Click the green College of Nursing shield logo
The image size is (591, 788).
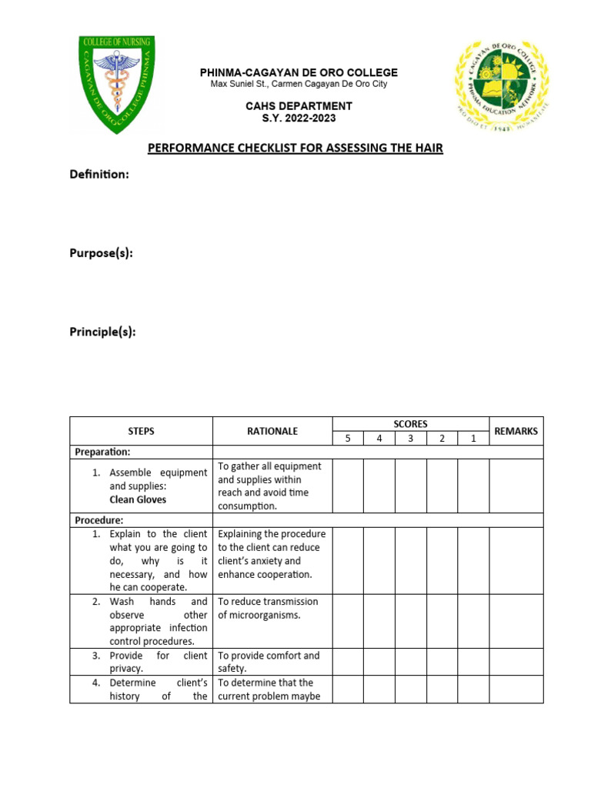point(118,84)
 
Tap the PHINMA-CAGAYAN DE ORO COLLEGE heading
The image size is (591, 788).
point(299,72)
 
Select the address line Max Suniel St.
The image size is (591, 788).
point(299,84)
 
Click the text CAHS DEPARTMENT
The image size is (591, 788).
point(299,106)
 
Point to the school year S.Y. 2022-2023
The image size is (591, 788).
point(299,119)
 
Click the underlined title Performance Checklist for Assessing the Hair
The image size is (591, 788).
point(295,148)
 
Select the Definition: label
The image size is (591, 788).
point(99,175)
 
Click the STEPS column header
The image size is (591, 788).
point(141,431)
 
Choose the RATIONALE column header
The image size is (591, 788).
point(272,431)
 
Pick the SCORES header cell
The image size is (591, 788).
point(410,424)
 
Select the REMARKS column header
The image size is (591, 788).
point(516,431)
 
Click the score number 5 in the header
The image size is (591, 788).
point(348,438)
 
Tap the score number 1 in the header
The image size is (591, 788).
point(473,438)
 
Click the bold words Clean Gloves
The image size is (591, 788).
point(138,499)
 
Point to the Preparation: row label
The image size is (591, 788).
point(102,452)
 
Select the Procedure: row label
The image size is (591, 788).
point(99,520)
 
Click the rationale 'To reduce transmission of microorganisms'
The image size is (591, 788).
point(267,608)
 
